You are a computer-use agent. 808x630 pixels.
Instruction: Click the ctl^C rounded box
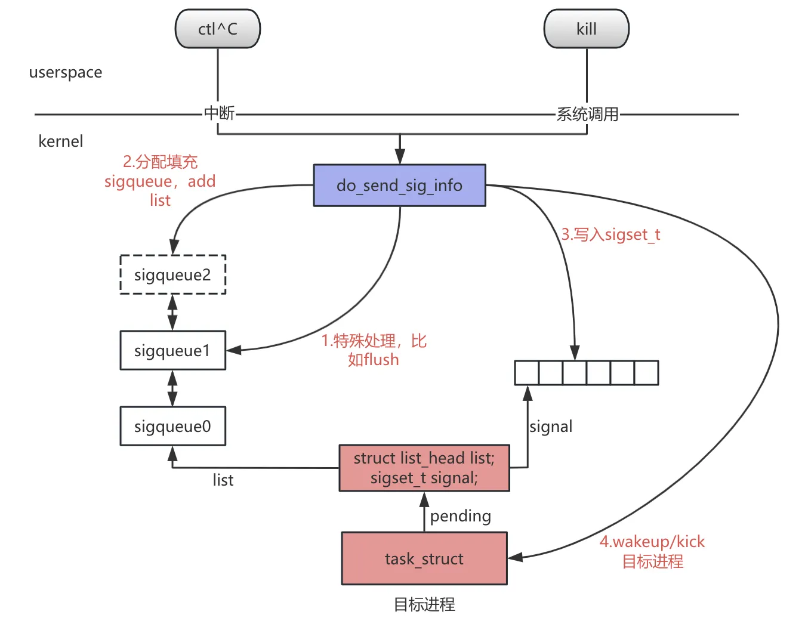pyautogui.click(x=218, y=29)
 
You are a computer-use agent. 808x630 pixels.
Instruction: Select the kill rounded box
pyautogui.click(x=586, y=29)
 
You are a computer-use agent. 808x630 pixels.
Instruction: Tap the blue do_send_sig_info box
pyautogui.click(x=399, y=186)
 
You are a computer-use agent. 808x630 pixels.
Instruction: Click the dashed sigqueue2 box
pyautogui.click(x=172, y=274)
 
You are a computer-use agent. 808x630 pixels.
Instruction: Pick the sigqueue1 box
pyautogui.click(x=172, y=350)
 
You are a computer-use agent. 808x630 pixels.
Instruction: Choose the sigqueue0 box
pyautogui.click(x=172, y=426)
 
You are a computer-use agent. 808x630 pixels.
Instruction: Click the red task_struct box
pyautogui.click(x=424, y=558)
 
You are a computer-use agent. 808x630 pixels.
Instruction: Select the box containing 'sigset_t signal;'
pyautogui.click(x=424, y=468)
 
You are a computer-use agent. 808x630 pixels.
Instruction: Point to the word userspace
pyautogui.click(x=66, y=72)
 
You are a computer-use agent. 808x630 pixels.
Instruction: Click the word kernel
pyautogui.click(x=60, y=141)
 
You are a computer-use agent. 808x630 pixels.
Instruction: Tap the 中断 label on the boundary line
pyautogui.click(x=219, y=113)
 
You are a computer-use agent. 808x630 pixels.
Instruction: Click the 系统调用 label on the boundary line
pyautogui.click(x=587, y=114)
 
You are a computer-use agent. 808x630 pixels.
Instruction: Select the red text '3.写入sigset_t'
pyautogui.click(x=610, y=234)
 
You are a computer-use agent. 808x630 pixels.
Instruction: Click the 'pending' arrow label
pyautogui.click(x=460, y=516)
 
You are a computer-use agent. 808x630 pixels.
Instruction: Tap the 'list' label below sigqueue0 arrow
pyautogui.click(x=223, y=480)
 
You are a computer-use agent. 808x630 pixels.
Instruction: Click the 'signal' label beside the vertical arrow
pyautogui.click(x=551, y=427)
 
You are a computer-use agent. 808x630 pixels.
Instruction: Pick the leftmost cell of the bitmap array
pyautogui.click(x=527, y=373)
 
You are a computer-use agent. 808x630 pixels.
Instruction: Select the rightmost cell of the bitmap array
pyautogui.click(x=646, y=373)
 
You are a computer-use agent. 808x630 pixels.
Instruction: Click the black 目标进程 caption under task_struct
pyautogui.click(x=424, y=604)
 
